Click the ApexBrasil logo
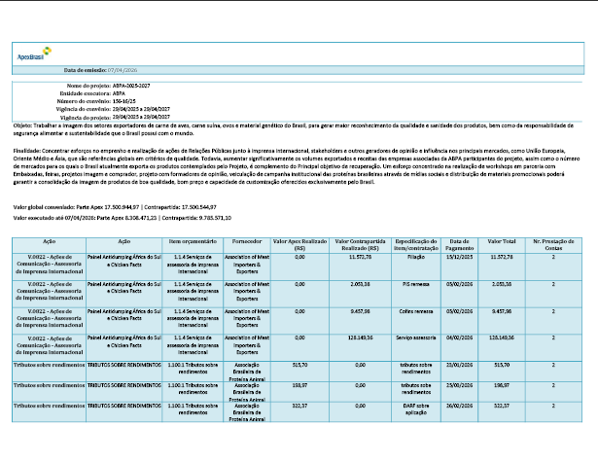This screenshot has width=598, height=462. tap(30, 57)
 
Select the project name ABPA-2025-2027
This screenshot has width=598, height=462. tap(131, 86)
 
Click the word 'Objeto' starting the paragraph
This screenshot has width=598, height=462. tap(22, 125)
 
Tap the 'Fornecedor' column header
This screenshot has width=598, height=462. tap(248, 240)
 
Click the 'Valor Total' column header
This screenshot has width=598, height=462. tap(502, 240)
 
